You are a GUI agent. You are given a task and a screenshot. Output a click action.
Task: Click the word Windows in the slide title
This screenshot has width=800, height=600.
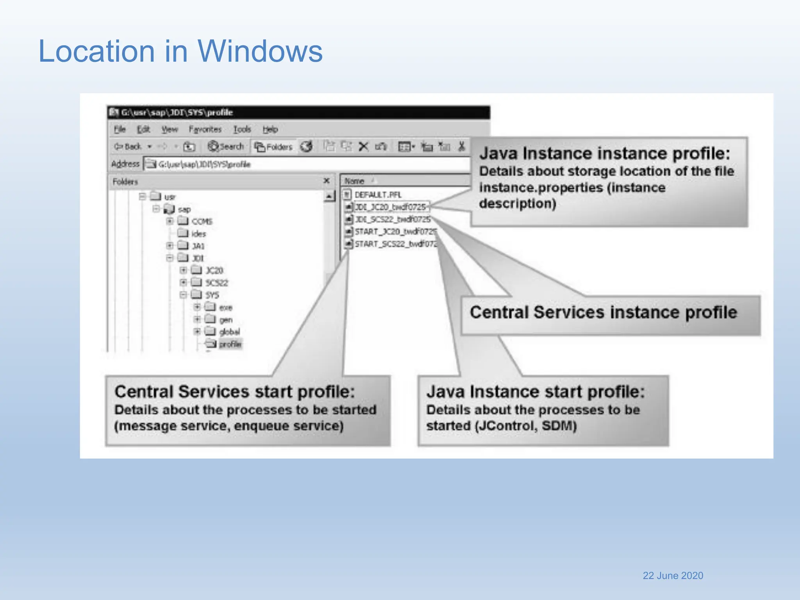260,51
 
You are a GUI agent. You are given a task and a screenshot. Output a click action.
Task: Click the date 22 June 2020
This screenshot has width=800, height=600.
673,575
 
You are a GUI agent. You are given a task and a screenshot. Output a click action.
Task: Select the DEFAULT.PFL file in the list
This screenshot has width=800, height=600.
377,195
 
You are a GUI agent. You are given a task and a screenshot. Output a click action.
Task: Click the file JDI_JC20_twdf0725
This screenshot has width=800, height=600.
390,207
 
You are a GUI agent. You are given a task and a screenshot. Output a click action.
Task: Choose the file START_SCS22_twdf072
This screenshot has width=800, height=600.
395,244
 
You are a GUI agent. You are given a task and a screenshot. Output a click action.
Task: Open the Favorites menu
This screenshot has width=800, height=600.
205,129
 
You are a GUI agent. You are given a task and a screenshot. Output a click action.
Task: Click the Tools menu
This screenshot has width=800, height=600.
242,129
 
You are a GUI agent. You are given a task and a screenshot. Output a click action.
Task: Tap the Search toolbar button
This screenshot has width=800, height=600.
226,146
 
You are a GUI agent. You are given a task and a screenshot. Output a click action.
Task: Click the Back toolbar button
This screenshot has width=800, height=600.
128,146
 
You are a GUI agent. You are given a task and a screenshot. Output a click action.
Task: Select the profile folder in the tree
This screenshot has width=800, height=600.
230,344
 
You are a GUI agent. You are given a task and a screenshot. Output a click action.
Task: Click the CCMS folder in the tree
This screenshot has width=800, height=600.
202,221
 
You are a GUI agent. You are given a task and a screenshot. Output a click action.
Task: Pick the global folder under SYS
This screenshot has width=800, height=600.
229,332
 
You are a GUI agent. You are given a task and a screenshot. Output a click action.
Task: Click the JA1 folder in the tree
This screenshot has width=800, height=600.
198,246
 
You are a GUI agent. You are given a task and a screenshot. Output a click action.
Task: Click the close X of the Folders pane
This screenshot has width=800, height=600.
327,181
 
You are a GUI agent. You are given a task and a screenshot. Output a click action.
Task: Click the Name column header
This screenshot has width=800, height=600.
354,181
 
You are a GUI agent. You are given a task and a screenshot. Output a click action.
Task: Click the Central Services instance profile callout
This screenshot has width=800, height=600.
603,313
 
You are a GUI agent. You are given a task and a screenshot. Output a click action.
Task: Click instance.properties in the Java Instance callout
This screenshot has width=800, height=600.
541,188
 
